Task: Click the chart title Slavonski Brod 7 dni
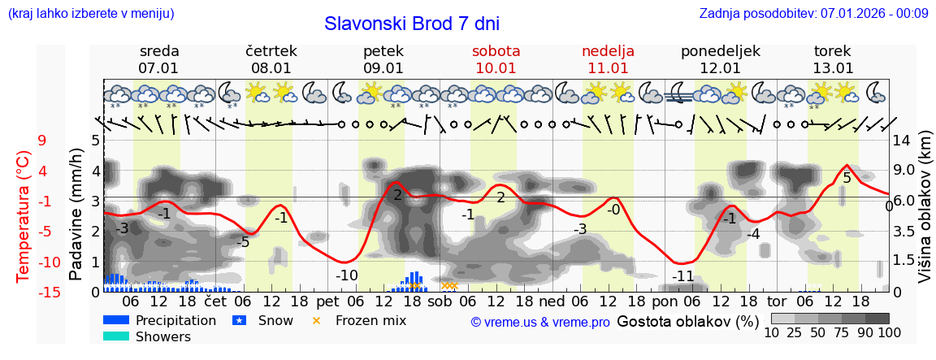click(412, 24)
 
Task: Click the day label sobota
click(496, 51)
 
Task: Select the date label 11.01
click(608, 68)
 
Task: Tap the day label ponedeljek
click(720, 51)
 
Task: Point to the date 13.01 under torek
click(833, 68)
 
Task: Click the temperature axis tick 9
click(42, 141)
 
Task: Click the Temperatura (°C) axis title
click(24, 216)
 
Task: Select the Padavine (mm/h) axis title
click(76, 215)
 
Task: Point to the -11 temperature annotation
click(682, 276)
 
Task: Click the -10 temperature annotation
click(347, 275)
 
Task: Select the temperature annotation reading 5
click(847, 178)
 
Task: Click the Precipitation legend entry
click(175, 320)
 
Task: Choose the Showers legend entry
click(162, 336)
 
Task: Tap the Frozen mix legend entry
click(370, 320)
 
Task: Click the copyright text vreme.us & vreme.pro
click(540, 323)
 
